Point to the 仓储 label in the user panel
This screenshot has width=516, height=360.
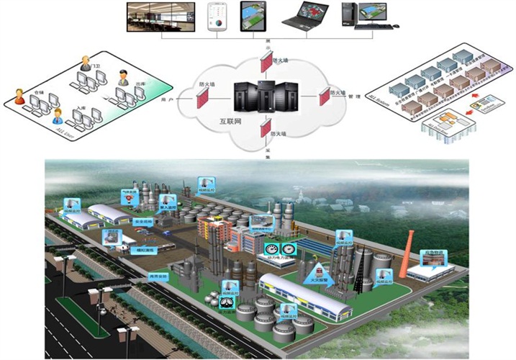39,94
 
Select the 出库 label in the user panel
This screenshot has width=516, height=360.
140,84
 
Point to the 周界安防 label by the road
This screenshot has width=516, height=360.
158,276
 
